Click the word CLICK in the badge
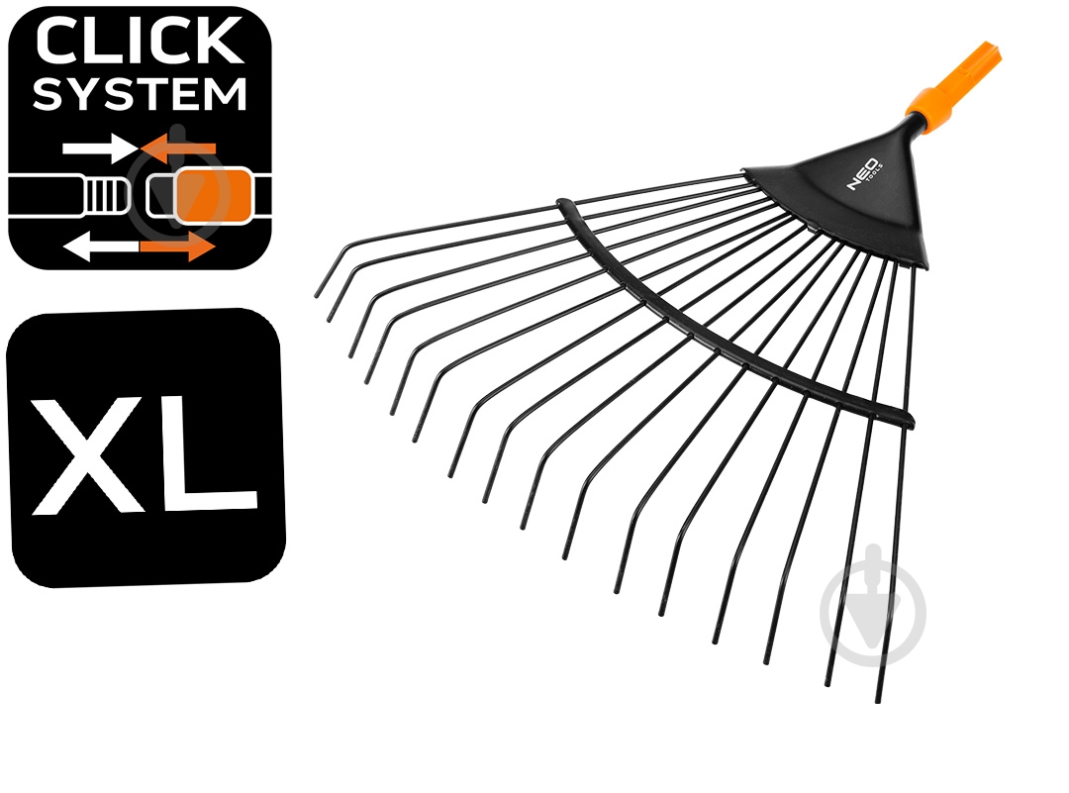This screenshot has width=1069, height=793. point(140,42)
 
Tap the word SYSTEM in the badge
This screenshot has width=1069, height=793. point(140,94)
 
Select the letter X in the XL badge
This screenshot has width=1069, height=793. point(89,454)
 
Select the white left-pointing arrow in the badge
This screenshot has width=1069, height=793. point(100,247)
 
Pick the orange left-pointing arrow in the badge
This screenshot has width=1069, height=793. point(178,149)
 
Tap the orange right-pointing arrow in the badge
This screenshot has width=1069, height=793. point(178,247)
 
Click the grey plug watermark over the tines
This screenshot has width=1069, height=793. point(873,606)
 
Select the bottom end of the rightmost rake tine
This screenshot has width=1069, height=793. point(878,700)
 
